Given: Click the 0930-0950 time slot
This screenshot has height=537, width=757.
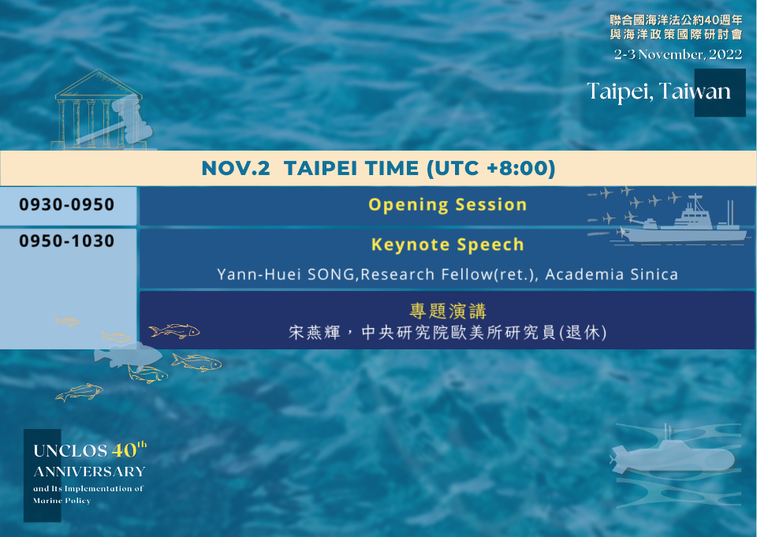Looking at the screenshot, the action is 66,204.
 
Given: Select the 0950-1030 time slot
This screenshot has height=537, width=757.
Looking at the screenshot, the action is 66,241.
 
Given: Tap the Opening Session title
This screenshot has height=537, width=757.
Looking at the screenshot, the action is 448,205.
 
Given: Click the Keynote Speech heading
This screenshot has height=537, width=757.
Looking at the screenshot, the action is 448,244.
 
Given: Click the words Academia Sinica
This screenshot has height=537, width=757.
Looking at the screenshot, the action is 611,274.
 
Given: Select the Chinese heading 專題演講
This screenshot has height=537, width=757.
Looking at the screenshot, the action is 448,311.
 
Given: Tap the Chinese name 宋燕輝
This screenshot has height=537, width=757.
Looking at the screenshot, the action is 315,332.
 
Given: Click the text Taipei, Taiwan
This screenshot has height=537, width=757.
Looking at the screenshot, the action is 658,91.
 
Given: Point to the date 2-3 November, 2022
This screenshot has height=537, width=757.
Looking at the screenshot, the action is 678,54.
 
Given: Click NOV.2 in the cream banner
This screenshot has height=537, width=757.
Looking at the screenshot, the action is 236,168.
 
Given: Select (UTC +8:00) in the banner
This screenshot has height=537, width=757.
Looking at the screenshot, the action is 491,168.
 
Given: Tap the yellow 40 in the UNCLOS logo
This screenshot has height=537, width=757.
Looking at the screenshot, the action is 124,450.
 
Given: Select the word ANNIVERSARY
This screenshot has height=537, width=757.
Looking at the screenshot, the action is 89,472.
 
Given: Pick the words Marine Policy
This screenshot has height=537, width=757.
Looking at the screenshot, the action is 62,501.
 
